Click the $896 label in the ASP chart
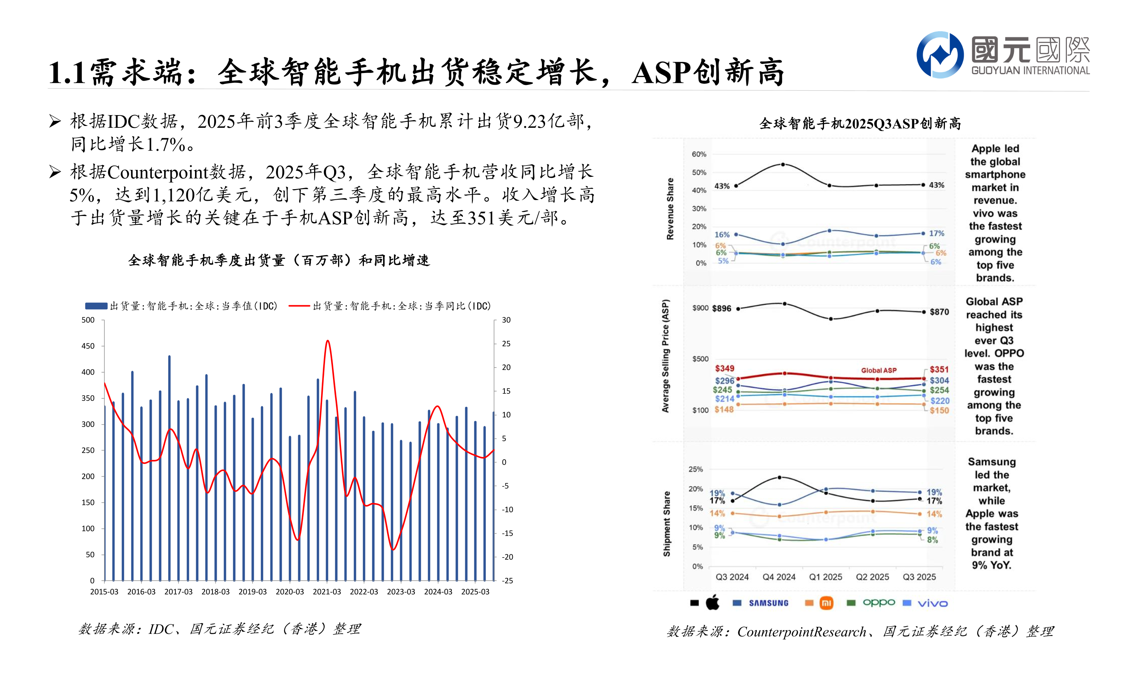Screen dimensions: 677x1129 [722, 309]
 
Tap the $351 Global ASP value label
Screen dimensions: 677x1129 [939, 370]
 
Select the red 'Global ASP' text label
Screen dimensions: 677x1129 [878, 370]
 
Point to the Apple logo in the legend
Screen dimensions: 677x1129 [712, 603]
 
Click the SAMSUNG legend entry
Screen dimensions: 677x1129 [768, 603]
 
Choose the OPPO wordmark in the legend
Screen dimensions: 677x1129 [878, 603]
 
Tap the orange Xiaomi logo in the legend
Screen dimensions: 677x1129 [827, 603]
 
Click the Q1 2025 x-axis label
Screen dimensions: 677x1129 [825, 577]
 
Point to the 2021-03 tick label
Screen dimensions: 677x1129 [327, 592]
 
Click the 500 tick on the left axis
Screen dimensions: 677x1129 [88, 320]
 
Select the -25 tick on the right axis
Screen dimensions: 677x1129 [507, 581]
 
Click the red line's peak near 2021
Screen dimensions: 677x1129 [328, 341]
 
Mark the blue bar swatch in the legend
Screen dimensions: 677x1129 [96, 306]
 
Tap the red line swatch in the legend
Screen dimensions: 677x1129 [299, 306]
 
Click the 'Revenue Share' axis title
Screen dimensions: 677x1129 [670, 209]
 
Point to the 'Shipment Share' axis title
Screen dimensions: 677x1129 [667, 524]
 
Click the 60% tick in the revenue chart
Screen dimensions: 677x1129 [699, 154]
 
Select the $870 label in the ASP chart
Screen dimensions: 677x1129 [939, 312]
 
